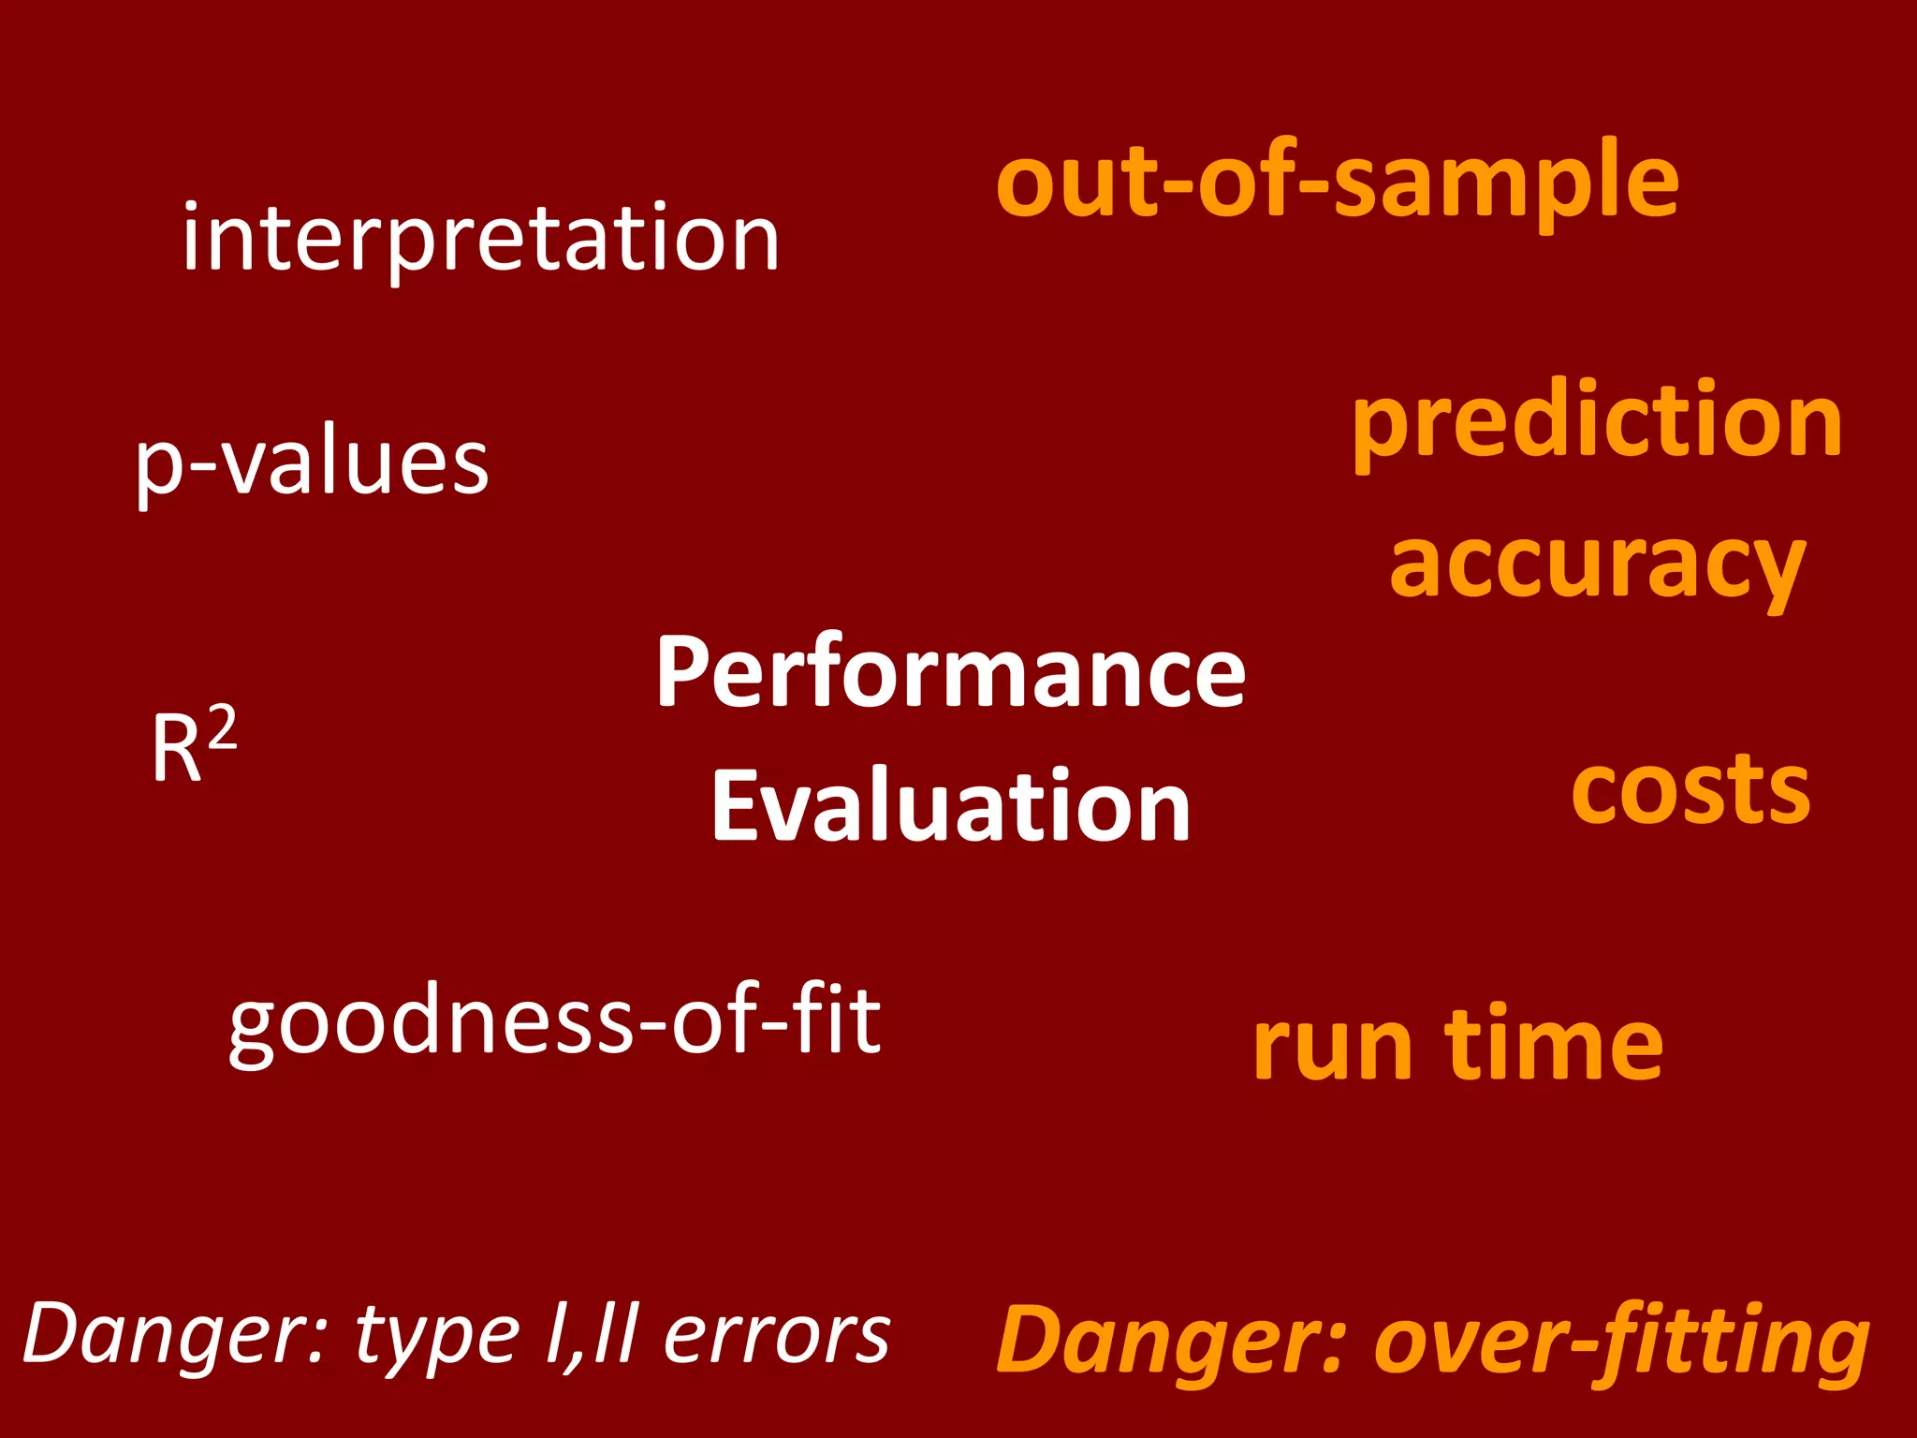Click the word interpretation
point(481,240)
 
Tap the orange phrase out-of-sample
point(1338,182)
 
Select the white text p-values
point(312,463)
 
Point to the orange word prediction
point(1597,422)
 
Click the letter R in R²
point(176,750)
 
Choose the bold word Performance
point(950,671)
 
